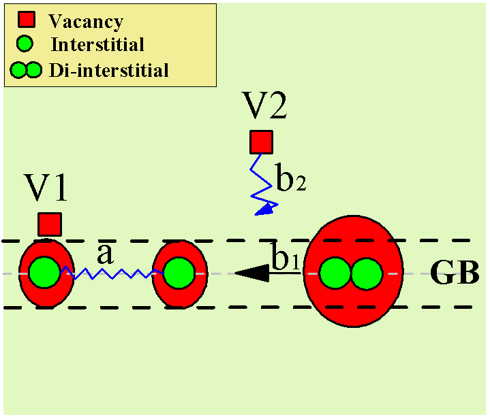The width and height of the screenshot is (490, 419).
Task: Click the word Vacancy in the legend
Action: click(x=86, y=21)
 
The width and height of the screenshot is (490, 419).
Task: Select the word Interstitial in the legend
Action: click(x=97, y=45)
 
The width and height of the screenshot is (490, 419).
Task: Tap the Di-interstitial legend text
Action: click(x=109, y=69)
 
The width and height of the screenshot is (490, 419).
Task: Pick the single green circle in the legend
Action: click(x=25, y=45)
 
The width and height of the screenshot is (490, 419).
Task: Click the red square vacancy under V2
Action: click(x=260, y=142)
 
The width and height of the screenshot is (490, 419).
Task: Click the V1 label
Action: click(x=47, y=188)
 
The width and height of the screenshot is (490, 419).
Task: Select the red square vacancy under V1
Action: click(x=49, y=224)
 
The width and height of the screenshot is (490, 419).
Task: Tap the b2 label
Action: click(x=290, y=180)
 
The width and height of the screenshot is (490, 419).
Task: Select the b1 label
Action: click(x=286, y=258)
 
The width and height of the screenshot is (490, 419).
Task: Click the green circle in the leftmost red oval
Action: click(x=43, y=272)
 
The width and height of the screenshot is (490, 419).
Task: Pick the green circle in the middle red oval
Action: click(x=179, y=273)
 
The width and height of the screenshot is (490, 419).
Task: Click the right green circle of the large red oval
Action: click(x=367, y=273)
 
